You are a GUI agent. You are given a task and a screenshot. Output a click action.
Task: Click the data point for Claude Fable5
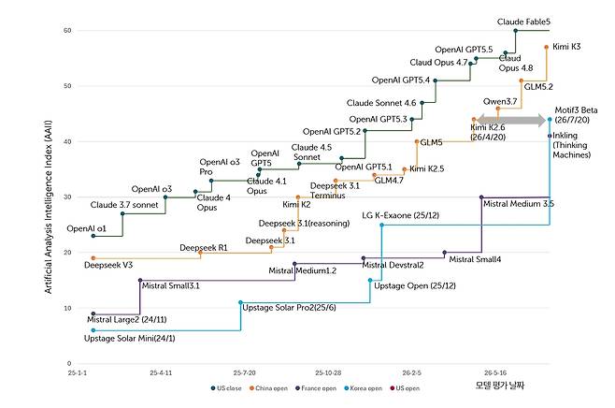pos(515,31)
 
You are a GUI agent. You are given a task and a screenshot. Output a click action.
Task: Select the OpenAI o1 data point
pos(93,236)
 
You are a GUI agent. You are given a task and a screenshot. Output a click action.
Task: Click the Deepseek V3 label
pos(108,265)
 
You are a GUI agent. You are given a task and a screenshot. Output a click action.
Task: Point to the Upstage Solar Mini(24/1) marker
pos(93,330)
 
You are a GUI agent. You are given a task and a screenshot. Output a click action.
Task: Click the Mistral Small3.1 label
pos(171,285)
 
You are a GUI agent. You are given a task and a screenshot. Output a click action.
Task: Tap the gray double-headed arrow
pos(511,120)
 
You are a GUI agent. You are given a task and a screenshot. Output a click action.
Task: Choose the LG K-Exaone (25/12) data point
pos(381,225)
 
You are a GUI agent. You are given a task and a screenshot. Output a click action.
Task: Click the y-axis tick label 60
pos(67,31)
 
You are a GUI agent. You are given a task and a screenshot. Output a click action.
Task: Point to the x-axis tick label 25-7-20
pos(244,372)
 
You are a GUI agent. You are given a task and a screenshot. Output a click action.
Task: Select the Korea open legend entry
pos(364,388)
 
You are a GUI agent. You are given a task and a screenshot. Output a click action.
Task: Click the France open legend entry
pos(316,388)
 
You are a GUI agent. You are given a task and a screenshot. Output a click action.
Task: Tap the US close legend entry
pos(226,388)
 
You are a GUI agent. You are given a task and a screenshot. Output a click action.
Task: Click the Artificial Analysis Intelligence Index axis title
pos(49,207)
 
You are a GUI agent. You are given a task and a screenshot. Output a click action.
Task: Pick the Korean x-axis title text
pos(500,386)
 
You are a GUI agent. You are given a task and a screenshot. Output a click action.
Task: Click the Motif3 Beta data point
pos(550,120)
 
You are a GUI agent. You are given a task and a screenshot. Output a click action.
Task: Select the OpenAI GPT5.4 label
pos(401,80)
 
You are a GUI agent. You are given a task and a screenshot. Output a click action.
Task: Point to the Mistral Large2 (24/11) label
pos(127,320)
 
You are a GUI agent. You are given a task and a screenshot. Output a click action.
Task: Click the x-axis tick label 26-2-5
pos(412,372)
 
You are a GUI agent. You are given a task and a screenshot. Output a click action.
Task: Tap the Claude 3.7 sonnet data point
pos(122,213)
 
